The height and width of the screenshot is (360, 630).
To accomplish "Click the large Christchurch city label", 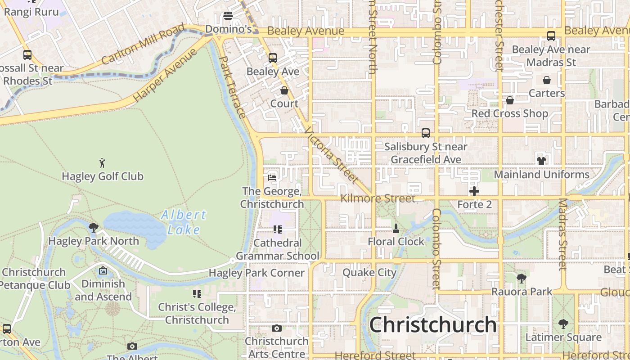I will point(433,325).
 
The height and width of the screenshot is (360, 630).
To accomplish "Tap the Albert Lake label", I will point(184,222).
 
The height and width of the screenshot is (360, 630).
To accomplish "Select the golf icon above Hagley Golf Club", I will point(103,162).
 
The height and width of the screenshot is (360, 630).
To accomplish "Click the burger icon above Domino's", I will point(228,16).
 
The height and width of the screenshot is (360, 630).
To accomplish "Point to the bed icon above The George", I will point(272,177).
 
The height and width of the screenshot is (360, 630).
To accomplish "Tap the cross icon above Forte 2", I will point(474,191).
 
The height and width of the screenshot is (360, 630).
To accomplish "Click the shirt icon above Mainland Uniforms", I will point(541,161).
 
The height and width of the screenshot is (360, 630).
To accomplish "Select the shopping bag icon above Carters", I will point(547,80).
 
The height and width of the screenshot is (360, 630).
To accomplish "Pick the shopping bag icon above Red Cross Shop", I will point(510,100).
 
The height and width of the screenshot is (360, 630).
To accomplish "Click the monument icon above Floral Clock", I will point(396,229).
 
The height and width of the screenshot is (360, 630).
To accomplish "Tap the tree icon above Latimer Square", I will point(563,324).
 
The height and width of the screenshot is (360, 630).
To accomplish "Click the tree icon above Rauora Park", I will point(522,279).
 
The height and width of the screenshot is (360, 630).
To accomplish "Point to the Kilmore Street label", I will point(378,198).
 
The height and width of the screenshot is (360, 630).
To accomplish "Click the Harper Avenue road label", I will point(165,75).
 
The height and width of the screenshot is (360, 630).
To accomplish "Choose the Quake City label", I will point(369,273).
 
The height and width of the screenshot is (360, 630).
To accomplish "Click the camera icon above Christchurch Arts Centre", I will point(277,328).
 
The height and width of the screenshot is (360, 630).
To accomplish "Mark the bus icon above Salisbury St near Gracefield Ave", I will point(426,133).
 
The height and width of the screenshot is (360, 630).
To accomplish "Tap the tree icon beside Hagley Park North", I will point(94,227).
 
